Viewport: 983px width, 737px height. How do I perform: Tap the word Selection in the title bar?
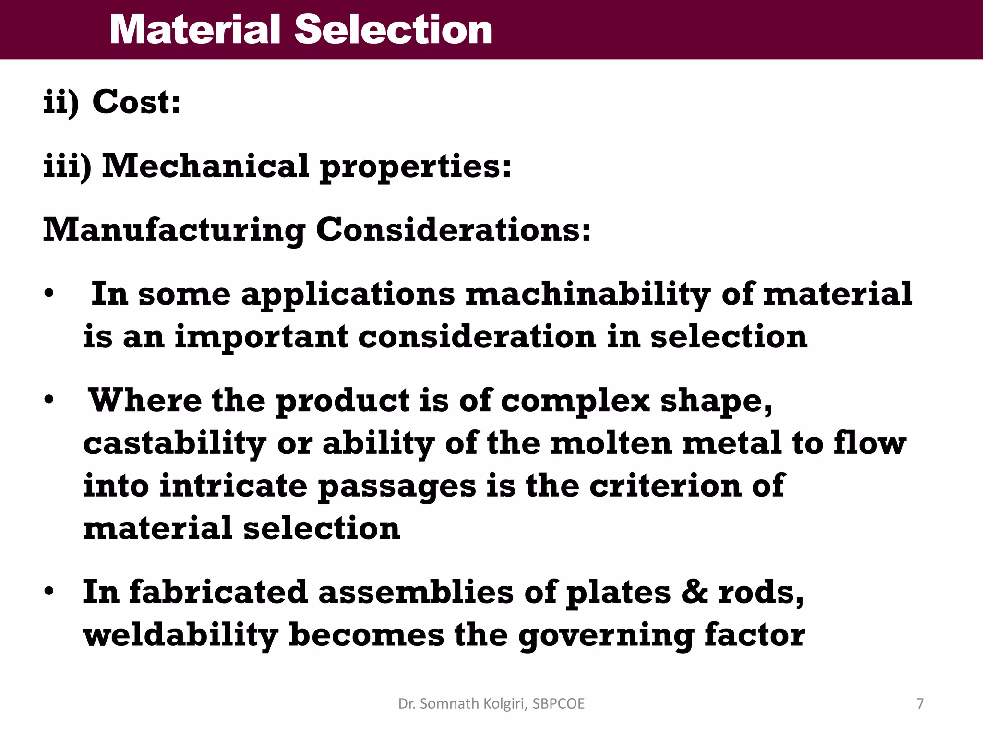pos(393,30)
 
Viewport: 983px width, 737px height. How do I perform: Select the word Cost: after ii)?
pos(136,102)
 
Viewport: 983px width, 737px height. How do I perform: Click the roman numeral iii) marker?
pos(67,166)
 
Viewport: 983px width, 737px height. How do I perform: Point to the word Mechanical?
pos(205,166)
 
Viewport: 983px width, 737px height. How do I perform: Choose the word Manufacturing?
pos(174,230)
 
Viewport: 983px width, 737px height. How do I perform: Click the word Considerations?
pos(453,230)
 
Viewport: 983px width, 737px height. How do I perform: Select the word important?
pos(261,337)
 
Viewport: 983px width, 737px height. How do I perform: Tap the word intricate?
pos(233,486)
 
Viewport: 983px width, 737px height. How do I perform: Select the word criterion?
pos(665,486)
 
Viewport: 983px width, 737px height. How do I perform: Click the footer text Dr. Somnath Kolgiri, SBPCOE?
pos(491,703)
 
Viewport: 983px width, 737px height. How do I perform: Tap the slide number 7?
pos(920,703)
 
